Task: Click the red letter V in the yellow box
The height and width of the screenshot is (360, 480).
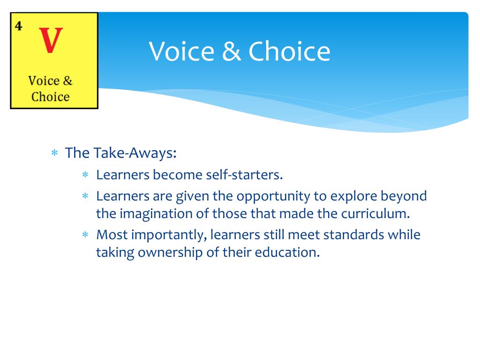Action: pos(51,40)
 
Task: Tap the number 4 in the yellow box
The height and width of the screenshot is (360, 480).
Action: pos(18,26)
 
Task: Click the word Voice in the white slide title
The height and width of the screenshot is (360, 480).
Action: pos(181,52)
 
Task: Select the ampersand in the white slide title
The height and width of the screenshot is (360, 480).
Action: pos(231,52)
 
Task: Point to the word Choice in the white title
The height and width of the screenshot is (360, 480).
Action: pos(289,52)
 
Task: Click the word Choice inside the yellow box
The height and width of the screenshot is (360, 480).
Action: pos(51,97)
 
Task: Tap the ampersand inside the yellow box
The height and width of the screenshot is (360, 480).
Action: pos(67,81)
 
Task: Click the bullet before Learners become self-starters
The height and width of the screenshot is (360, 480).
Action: pos(85,175)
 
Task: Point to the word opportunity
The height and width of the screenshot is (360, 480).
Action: pos(273,196)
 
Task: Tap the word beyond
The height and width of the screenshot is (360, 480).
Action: pos(404,196)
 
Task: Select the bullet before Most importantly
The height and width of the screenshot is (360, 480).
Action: pos(85,235)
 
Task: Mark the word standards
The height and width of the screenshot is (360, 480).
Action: pos(353,235)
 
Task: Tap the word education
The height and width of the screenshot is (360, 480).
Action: pos(287,253)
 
